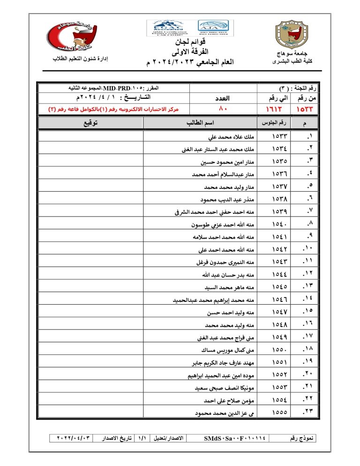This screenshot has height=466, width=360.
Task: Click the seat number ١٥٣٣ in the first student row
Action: point(279,137)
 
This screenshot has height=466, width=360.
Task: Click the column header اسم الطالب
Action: point(200,123)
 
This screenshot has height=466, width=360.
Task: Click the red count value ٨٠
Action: point(223,109)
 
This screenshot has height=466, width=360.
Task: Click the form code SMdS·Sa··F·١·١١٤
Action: point(235,438)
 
